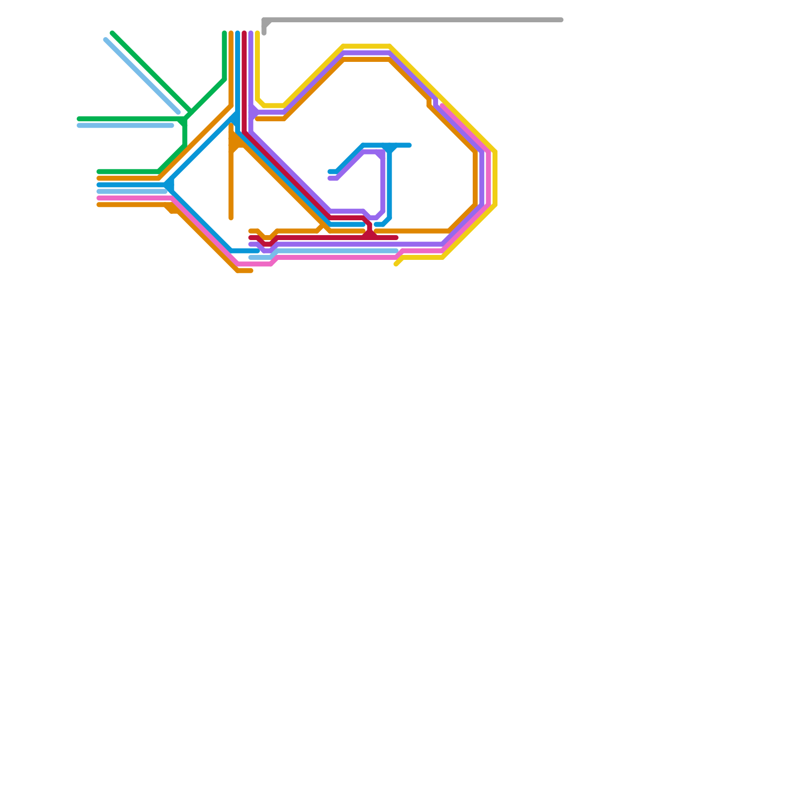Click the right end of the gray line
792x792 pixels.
point(561,20)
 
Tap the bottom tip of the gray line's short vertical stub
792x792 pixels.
point(264,33)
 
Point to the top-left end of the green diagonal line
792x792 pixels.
point(112,33)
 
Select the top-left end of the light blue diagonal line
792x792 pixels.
point(106,40)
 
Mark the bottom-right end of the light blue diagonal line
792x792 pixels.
point(178,112)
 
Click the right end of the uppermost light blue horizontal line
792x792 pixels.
point(172,126)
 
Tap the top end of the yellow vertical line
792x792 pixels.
point(257,33)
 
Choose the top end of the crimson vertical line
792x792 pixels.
point(245,33)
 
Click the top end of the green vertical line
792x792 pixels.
point(225,33)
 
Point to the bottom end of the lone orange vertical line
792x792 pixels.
point(231,218)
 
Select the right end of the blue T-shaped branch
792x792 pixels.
point(409,145)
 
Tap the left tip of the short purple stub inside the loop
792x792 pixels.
point(330,178)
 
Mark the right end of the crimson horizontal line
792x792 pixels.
point(396,238)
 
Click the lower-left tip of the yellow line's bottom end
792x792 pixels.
point(396,264)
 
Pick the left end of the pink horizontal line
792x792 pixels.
point(99,198)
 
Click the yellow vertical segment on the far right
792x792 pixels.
point(495,178)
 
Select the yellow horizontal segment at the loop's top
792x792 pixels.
point(366,47)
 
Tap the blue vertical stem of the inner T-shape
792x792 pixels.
point(390,183)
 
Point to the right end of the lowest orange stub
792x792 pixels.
point(251,271)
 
